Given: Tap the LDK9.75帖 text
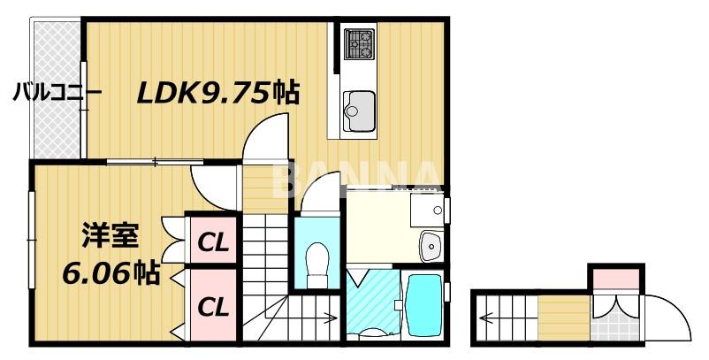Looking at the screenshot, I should click(217, 92).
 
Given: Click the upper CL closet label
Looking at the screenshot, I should click(212, 241).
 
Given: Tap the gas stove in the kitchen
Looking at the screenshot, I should click(358, 42).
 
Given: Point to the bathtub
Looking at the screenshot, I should click(423, 303).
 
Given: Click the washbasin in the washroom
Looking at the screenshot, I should click(431, 245).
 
